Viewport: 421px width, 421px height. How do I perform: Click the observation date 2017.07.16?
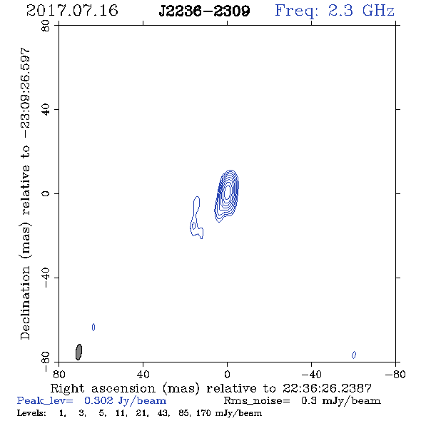click(x=72, y=11)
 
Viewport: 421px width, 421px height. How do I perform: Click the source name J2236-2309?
click(x=204, y=11)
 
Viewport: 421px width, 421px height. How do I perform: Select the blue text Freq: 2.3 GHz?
click(x=335, y=11)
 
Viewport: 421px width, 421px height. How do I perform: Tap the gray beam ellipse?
click(x=78, y=352)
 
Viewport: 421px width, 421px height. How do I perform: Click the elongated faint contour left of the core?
click(x=196, y=218)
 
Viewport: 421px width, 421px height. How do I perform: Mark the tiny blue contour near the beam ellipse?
click(x=93, y=327)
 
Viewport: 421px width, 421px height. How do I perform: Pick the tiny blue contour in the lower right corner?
click(x=354, y=355)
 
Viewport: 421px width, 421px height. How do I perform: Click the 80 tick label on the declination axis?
click(x=46, y=26)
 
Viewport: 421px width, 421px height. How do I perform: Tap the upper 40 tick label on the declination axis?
click(x=46, y=110)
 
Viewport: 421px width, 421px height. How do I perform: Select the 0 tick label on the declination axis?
click(x=46, y=193)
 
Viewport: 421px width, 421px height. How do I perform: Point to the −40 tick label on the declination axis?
click(x=46, y=278)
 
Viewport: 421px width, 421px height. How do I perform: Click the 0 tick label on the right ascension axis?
click(x=227, y=374)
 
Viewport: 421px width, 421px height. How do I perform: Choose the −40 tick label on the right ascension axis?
click(x=311, y=374)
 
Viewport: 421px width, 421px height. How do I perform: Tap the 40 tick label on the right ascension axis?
click(x=143, y=374)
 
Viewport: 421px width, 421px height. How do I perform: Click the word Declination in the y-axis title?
click(x=25, y=303)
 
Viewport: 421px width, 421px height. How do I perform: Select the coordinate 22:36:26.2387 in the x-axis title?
click(x=327, y=388)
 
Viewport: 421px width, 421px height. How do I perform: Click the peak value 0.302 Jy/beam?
click(x=125, y=401)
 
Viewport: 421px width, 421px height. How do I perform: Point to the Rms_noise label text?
click(x=257, y=401)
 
